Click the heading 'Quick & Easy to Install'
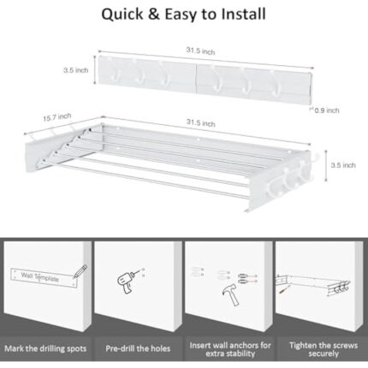(184, 15)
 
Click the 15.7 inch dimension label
(57, 116)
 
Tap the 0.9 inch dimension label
(327, 110)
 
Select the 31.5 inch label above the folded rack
(200, 50)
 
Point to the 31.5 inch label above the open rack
(201, 122)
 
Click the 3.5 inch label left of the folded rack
(76, 70)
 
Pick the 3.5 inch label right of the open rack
(343, 165)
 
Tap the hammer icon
(230, 294)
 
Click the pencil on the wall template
(80, 271)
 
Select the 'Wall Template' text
(40, 276)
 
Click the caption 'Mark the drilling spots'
(45, 348)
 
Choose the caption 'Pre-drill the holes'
(138, 348)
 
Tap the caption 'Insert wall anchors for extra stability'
(230, 349)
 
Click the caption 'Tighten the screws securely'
(323, 349)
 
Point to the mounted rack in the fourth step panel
(313, 284)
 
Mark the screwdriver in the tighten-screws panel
(283, 293)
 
